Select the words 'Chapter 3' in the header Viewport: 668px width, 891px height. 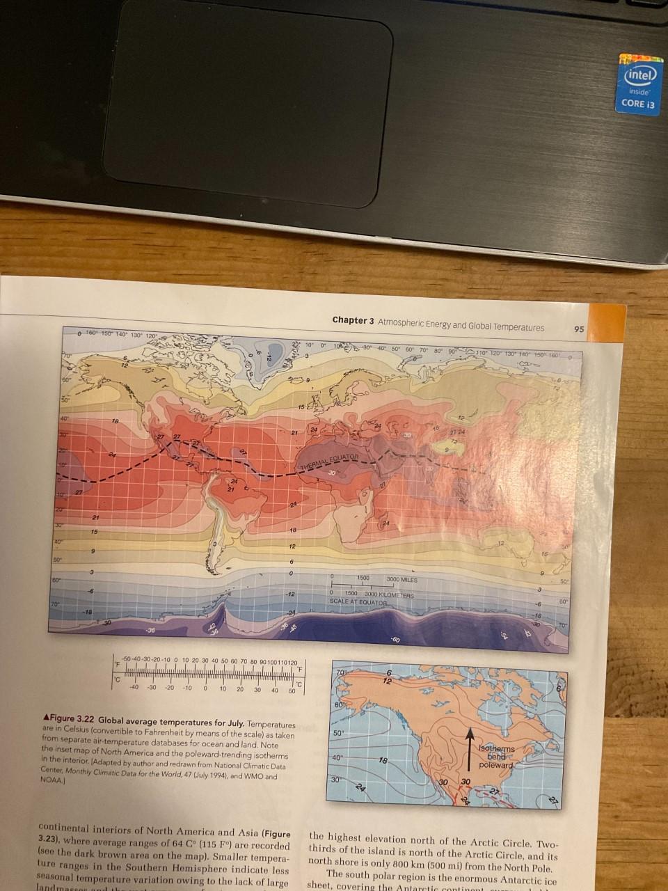tap(353, 320)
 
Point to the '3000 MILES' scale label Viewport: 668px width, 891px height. tap(400, 579)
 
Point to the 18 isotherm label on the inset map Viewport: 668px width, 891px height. tap(383, 762)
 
